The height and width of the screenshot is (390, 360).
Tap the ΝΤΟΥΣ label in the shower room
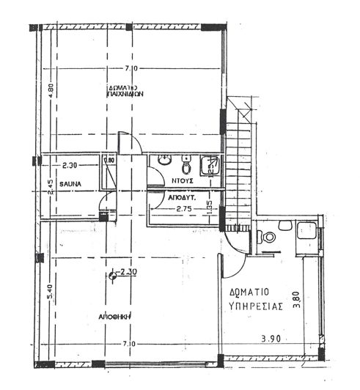183,179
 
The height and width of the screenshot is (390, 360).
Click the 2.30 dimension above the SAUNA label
70,166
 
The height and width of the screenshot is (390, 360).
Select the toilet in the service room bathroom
268,237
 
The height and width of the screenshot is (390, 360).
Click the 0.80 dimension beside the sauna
109,161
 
